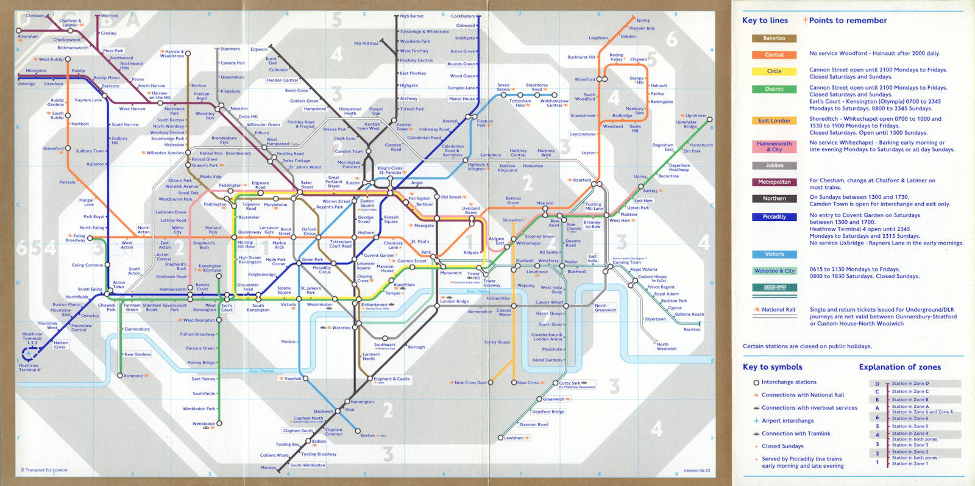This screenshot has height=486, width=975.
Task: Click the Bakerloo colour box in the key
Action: (774, 38)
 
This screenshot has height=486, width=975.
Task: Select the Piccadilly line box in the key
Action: (774, 217)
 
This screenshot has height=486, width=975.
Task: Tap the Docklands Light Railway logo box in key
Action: (775, 287)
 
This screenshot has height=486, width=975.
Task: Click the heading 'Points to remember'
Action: (847, 20)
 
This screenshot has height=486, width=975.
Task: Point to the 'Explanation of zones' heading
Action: (899, 367)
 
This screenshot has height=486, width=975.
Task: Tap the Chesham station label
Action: (35, 16)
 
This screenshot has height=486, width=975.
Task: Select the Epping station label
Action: (643, 20)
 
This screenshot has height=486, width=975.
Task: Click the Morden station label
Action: (268, 468)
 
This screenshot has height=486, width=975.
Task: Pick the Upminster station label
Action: (696, 115)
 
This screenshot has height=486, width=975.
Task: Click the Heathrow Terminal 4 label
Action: (29, 368)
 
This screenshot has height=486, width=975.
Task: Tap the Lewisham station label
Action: (514, 438)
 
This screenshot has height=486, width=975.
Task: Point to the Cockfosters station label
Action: (463, 16)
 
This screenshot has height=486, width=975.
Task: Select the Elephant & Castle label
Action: (392, 379)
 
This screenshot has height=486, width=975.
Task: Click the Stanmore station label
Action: (230, 49)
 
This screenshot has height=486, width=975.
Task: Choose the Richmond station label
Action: (133, 376)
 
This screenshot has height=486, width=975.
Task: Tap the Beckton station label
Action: (692, 329)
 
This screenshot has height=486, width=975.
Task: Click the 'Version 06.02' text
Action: (697, 470)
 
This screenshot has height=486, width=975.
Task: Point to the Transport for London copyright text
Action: (44, 470)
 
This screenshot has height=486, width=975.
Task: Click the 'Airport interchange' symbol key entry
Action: (787, 421)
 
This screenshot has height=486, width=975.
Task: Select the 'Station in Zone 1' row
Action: (910, 464)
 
